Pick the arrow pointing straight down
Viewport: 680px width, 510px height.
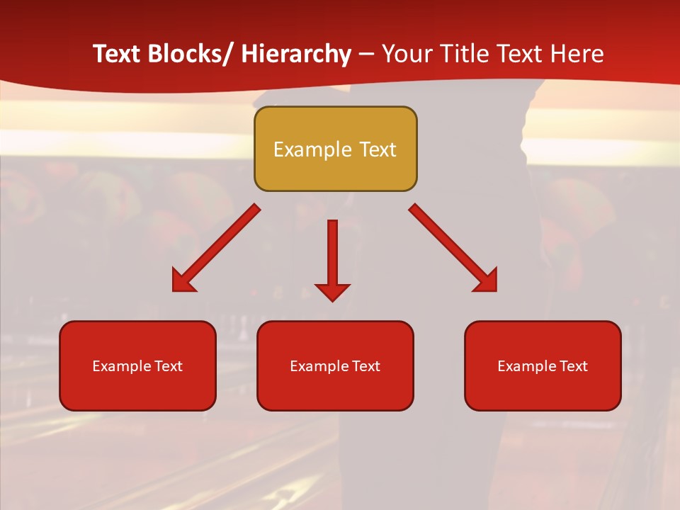click(x=332, y=255)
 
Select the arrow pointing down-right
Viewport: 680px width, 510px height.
click(x=453, y=248)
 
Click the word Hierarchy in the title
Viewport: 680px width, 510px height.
click(x=296, y=54)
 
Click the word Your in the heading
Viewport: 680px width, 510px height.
click(x=405, y=54)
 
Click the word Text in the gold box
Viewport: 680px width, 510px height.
click(x=376, y=149)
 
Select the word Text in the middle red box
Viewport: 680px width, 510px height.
click(x=365, y=366)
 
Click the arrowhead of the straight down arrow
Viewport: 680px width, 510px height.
click(x=332, y=291)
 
